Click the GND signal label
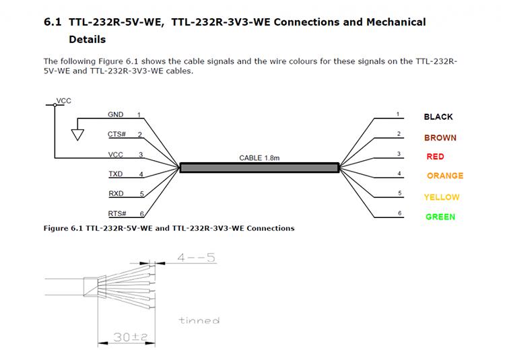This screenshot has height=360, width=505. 116,115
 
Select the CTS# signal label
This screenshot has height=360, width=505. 117,134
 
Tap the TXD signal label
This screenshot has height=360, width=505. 116,174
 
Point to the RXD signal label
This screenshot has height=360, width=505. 116,194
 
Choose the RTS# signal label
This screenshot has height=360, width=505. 117,213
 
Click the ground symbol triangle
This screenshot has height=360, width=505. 78,135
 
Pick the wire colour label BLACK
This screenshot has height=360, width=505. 438,117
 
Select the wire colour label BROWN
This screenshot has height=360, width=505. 440,138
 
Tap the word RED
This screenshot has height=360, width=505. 435,157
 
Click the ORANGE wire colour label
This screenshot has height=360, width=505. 445,176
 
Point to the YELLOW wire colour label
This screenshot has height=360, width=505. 442,197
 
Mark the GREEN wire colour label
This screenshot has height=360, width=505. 440,217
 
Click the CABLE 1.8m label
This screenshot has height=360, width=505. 259,158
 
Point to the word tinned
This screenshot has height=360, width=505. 199,320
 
